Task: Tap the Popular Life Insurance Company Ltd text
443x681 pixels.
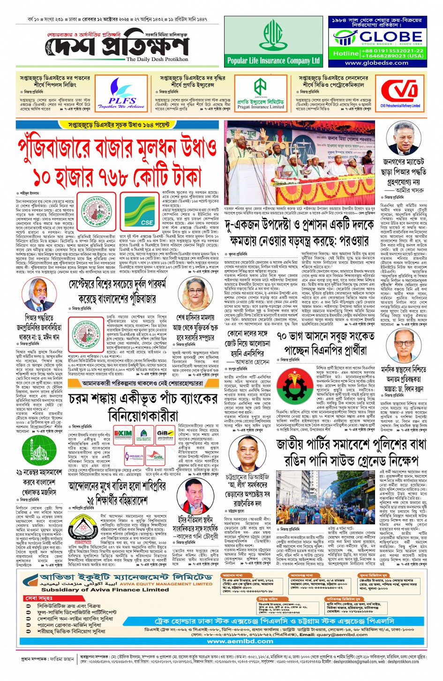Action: pyautogui.click(x=273, y=61)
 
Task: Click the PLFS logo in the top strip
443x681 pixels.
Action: pyautogui.click(x=122, y=92)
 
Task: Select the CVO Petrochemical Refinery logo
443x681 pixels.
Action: pyautogui.click(x=400, y=92)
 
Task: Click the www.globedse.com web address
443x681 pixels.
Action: pyautogui.click(x=377, y=63)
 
